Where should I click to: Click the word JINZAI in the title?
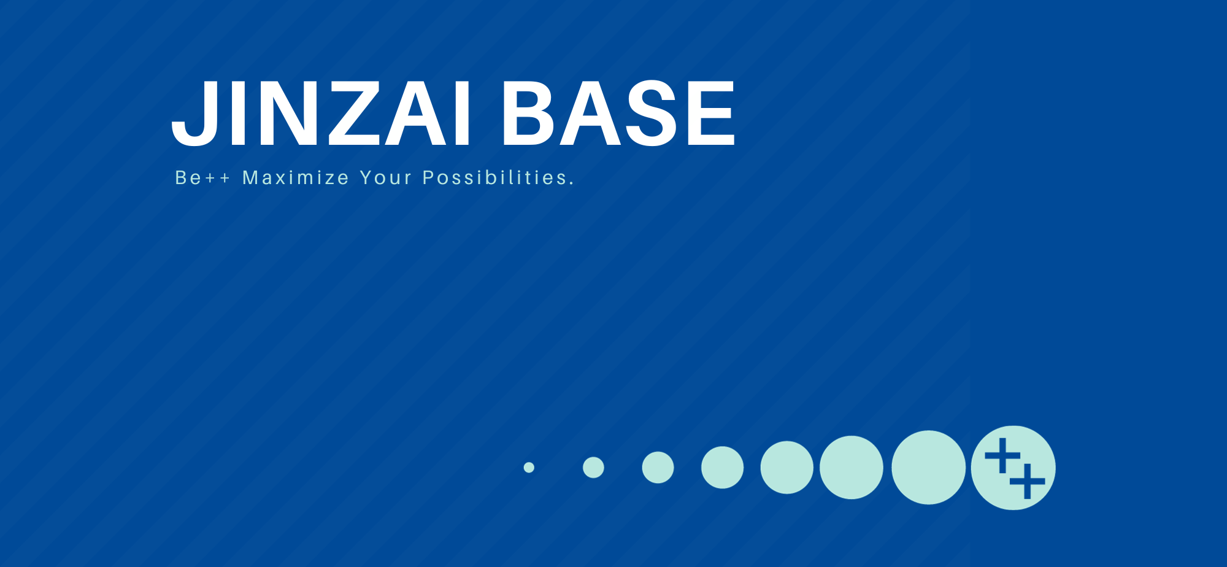click(321, 114)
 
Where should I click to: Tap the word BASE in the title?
click(619, 114)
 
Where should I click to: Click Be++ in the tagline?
click(202, 177)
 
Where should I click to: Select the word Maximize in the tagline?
click(296, 177)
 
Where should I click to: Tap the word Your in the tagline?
click(386, 177)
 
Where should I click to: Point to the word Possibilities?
click(495, 177)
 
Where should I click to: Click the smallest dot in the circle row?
click(529, 468)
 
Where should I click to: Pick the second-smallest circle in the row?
click(593, 468)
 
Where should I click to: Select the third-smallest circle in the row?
click(658, 468)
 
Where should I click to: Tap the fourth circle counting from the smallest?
click(722, 468)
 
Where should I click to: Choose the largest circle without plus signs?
click(928, 468)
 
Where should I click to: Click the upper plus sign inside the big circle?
click(1002, 456)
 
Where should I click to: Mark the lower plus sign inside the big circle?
click(1028, 481)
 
